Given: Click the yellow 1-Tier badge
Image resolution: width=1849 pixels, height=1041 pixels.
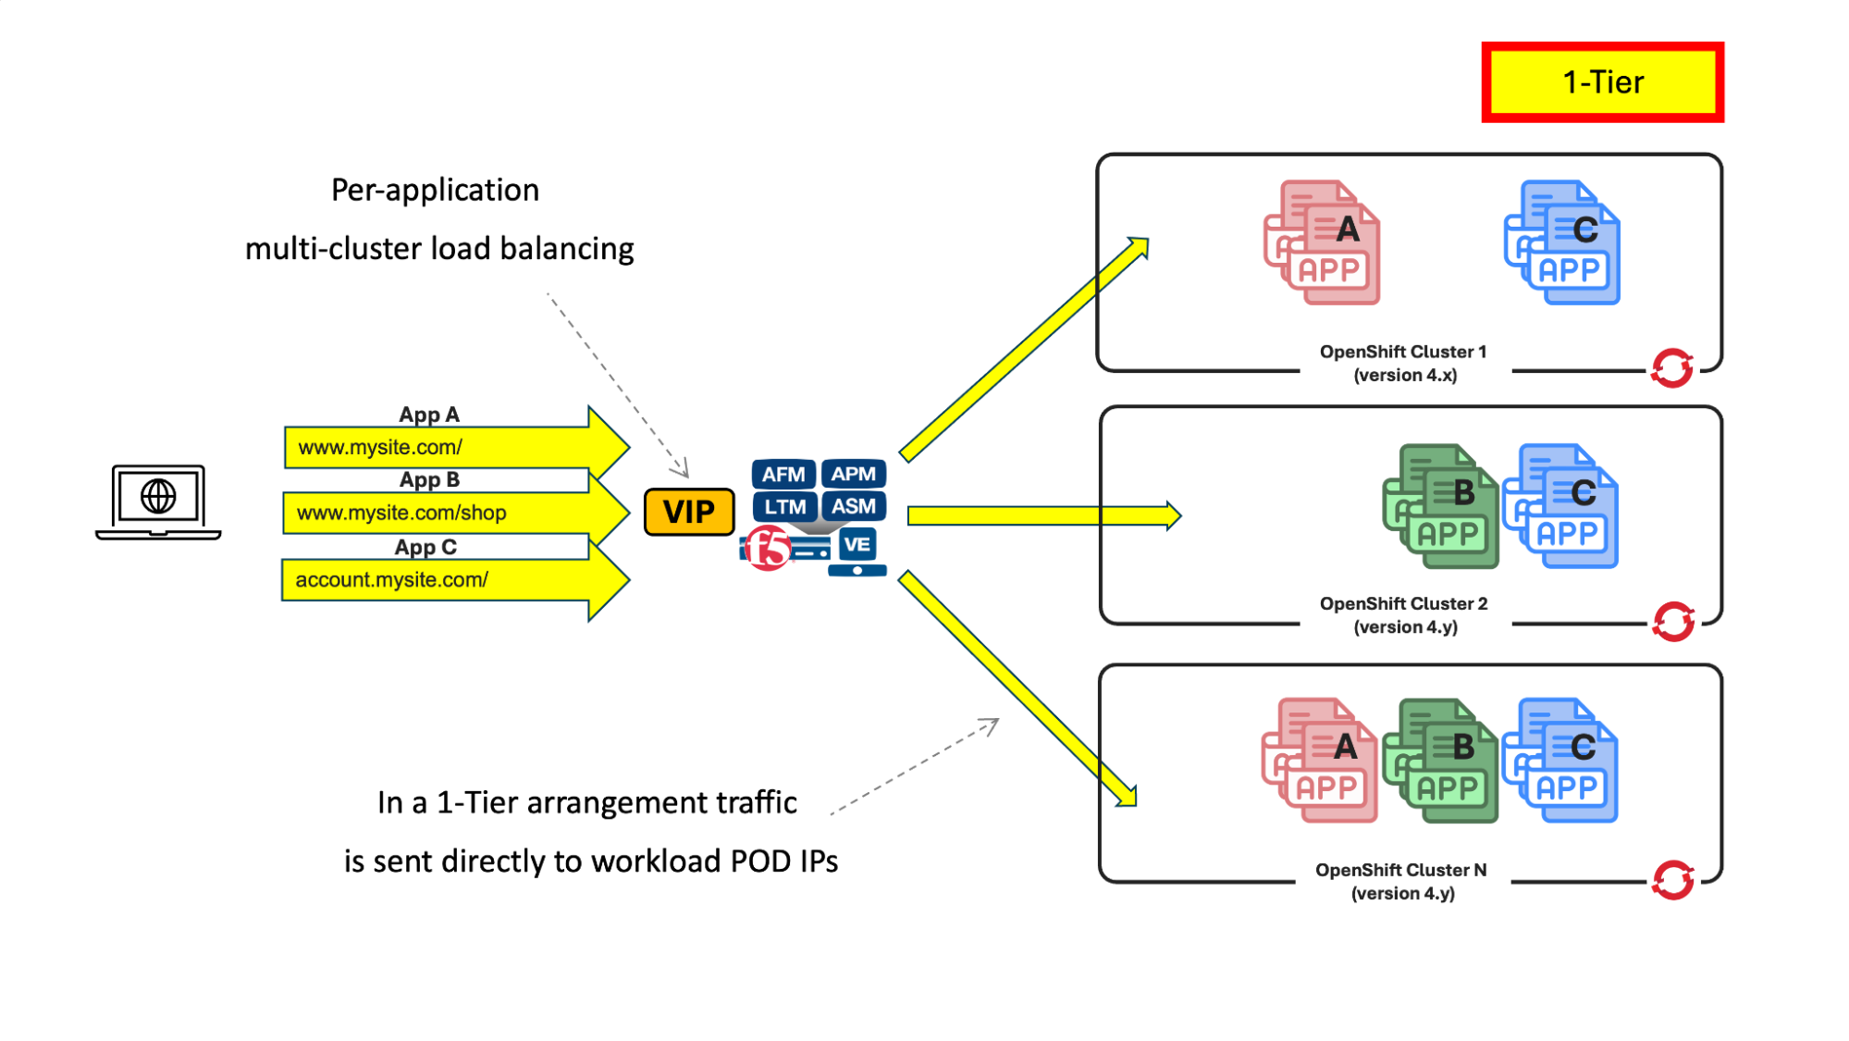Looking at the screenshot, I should [x=1602, y=82].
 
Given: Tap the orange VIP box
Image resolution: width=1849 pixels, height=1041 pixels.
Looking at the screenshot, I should [x=689, y=512].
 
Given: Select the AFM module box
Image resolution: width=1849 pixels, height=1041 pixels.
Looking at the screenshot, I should [x=783, y=475].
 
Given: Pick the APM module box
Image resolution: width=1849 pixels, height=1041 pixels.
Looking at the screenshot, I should [x=853, y=475].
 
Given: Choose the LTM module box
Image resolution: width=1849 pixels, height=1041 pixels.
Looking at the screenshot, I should [x=784, y=507].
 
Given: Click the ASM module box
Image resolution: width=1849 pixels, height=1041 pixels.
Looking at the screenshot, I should [x=853, y=507].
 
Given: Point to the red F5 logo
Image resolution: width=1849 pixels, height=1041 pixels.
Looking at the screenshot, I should [x=768, y=548].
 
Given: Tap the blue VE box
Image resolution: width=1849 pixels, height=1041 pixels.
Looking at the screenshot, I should [x=857, y=545].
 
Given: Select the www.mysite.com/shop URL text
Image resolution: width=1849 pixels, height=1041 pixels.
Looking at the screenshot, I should [x=401, y=513].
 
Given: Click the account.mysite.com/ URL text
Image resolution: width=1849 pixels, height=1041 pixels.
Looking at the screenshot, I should [x=391, y=580].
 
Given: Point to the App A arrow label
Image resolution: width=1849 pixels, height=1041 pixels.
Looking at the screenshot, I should [x=429, y=415].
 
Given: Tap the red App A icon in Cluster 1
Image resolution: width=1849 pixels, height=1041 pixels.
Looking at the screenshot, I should [x=1323, y=242].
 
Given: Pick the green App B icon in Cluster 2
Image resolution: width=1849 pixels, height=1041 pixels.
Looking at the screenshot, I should [x=1440, y=506].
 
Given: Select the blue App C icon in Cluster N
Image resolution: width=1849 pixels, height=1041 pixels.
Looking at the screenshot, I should [x=1560, y=761].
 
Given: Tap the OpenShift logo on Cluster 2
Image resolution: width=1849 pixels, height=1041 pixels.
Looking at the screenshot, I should [x=1673, y=622].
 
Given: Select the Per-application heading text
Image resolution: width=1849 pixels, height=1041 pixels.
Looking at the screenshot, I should [x=435, y=190].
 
